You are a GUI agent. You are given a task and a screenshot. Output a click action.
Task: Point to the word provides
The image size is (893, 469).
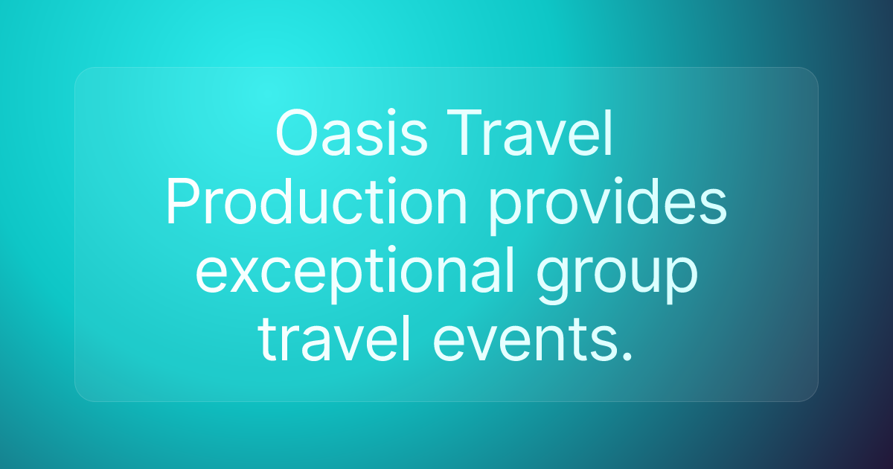pyautogui.click(x=607, y=202)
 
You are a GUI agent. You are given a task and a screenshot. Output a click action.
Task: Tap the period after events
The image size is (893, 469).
pyautogui.click(x=627, y=358)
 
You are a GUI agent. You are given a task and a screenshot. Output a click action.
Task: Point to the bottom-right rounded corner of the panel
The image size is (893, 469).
pyautogui.click(x=813, y=396)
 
